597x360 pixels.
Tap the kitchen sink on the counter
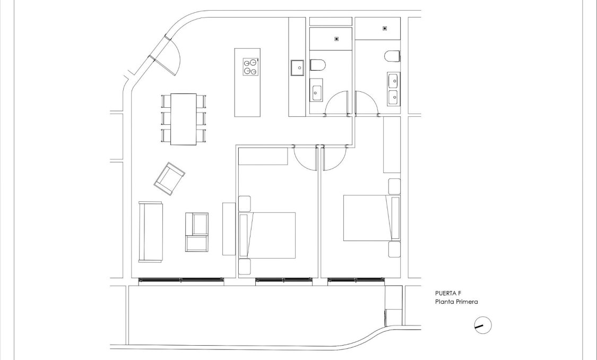click(x=297, y=67)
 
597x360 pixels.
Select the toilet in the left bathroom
click(x=318, y=65)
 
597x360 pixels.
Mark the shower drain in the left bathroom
click(x=336, y=39)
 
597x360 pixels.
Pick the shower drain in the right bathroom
click(x=384, y=29)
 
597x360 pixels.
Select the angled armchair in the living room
click(x=169, y=178)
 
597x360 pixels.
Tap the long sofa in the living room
click(x=151, y=232)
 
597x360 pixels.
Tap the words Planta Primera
click(x=456, y=302)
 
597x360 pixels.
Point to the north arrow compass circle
click(x=482, y=325)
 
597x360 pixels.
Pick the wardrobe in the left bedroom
click(x=263, y=157)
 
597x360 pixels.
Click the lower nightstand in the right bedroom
click(x=394, y=250)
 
